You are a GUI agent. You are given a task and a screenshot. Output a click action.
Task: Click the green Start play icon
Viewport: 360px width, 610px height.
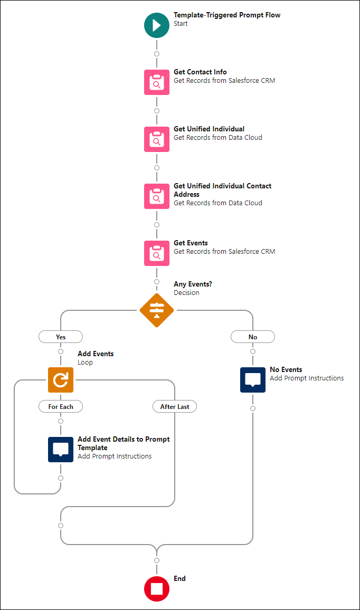[x=157, y=25]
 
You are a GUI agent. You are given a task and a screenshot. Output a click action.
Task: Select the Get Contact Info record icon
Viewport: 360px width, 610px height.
[x=157, y=82]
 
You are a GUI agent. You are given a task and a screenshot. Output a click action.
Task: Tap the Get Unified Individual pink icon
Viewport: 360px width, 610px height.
[x=157, y=139]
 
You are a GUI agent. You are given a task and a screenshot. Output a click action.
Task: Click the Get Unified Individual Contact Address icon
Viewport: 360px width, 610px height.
[x=157, y=196]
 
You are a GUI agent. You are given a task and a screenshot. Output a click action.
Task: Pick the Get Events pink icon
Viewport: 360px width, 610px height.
[x=157, y=253]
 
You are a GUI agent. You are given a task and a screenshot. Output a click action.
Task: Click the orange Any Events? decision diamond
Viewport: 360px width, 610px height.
[x=157, y=310]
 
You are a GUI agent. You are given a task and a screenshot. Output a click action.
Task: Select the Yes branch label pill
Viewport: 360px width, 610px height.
[x=61, y=337]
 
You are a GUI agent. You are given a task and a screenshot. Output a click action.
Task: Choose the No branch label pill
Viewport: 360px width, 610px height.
[x=253, y=337]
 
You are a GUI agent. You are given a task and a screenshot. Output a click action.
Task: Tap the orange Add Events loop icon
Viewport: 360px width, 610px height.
[x=61, y=380]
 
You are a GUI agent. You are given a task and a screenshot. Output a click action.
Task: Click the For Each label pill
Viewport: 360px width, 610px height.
[x=61, y=406]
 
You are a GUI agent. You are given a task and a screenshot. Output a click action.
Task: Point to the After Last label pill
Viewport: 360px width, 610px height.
[x=175, y=406]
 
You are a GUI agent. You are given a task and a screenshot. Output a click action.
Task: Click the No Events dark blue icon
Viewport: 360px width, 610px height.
[x=253, y=380]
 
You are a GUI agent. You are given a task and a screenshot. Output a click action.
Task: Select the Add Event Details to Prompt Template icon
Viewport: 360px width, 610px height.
[x=61, y=450]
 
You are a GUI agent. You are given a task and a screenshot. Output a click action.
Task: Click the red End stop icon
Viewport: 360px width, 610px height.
[x=157, y=589]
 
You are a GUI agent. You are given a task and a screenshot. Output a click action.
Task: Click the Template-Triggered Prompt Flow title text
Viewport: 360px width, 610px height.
[x=227, y=15]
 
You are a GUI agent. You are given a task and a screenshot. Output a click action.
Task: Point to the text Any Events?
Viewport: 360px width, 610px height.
[x=193, y=284]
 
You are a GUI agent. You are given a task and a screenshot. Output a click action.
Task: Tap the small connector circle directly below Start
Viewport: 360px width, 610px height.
[x=157, y=54]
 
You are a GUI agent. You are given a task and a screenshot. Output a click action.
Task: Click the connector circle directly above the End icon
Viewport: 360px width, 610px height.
[x=157, y=560]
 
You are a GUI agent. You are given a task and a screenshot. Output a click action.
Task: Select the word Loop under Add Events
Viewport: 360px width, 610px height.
[x=85, y=363]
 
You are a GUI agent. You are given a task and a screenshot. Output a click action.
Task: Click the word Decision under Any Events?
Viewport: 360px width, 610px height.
[x=186, y=293]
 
